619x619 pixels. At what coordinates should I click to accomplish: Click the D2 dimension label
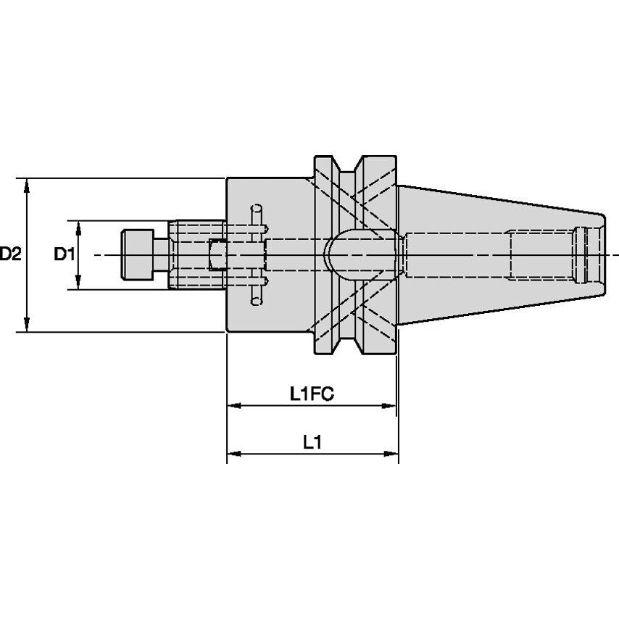point(11,254)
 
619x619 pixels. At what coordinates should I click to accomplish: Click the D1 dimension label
point(65,254)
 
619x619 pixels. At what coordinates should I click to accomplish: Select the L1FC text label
point(311,394)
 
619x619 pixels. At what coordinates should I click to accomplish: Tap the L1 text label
point(312,442)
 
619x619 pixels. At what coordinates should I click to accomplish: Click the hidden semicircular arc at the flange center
point(331,254)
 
